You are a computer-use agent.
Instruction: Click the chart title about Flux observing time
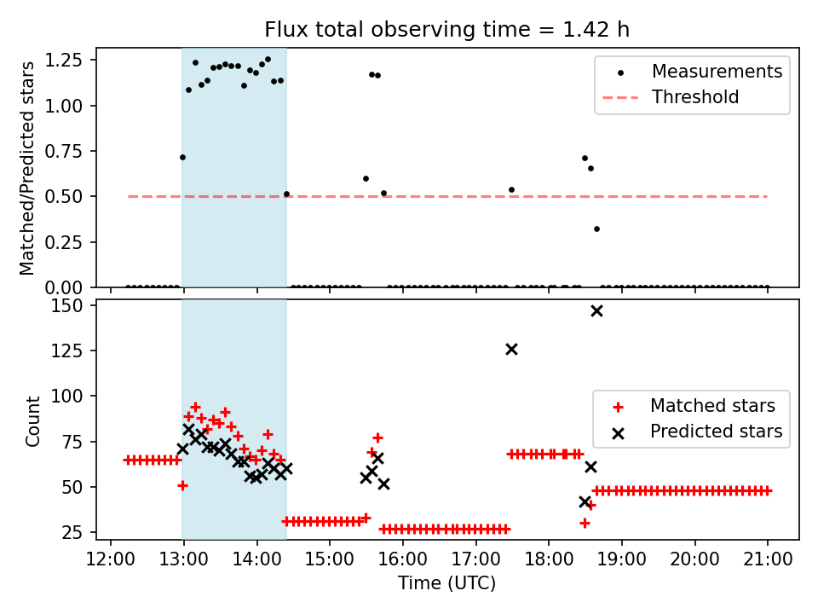tap(446, 30)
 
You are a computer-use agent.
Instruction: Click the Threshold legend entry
tap(695, 97)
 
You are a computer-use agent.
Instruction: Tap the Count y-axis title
tap(33, 421)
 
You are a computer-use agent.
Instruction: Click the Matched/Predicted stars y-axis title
tap(28, 168)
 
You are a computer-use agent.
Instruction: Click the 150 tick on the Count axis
tap(78, 305)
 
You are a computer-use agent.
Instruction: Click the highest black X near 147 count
tap(596, 310)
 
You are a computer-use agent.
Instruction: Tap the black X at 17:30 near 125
tap(511, 349)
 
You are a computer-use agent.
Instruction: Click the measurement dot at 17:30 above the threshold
tap(511, 189)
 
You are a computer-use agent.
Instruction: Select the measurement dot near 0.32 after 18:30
tap(596, 229)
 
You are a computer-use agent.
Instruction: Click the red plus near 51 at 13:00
tap(182, 485)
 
